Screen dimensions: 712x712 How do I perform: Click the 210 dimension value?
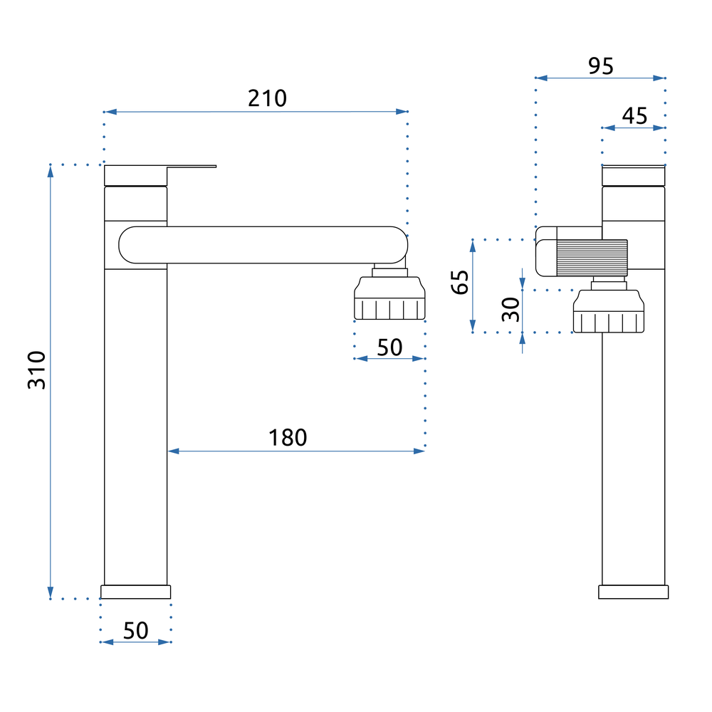[x=267, y=98]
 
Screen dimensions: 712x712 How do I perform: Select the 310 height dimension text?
[x=36, y=370]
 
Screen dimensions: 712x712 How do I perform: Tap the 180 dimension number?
[x=288, y=437]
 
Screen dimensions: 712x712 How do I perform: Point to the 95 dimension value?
[x=600, y=66]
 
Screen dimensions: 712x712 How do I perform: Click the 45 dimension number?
[x=634, y=115]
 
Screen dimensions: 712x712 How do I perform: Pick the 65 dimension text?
[x=460, y=283]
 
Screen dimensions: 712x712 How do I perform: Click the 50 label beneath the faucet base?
[x=136, y=630]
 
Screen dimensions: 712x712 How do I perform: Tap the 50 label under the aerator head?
[x=389, y=347]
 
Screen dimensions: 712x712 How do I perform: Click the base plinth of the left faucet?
[x=136, y=592]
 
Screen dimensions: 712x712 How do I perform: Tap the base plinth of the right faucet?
[x=634, y=592]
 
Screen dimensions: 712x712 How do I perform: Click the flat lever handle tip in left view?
[x=203, y=167]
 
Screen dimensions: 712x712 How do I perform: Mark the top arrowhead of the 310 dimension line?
[x=51, y=169]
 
